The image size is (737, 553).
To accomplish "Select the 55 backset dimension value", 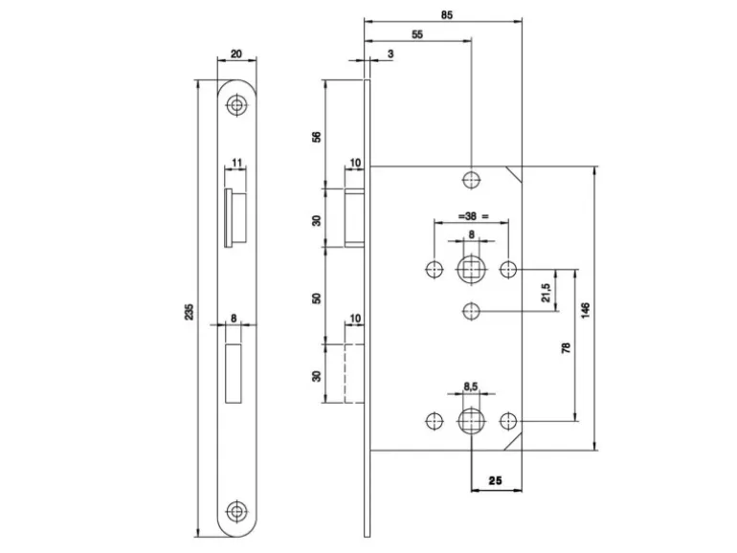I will point(417,33).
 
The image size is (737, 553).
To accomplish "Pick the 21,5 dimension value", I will point(546,292).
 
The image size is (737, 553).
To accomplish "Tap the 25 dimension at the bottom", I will point(496,480).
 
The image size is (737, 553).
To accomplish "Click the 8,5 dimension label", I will point(470,387).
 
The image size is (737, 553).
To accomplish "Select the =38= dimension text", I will point(472,216).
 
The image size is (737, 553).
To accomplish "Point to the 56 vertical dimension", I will point(317,135).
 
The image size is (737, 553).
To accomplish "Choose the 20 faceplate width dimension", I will point(236,55).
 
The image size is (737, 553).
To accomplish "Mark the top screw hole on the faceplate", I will point(236,105).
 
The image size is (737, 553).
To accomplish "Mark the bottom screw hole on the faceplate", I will point(236,511).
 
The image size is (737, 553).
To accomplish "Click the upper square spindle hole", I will point(470,268).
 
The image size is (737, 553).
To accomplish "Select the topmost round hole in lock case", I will point(470,179).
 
